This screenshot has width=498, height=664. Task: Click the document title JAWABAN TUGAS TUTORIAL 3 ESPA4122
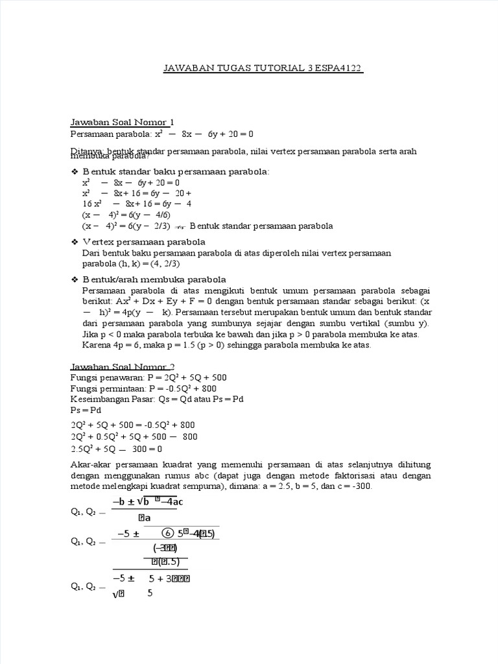pyautogui.click(x=262, y=68)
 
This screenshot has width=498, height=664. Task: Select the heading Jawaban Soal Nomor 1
pyautogui.click(x=122, y=122)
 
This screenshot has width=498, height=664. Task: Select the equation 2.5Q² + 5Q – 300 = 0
pyautogui.click(x=116, y=448)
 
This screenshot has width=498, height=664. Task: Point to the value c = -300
pyautogui.click(x=351, y=486)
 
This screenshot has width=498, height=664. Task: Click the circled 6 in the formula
pyautogui.click(x=167, y=534)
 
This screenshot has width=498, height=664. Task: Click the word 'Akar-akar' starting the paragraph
pyautogui.click(x=90, y=465)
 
